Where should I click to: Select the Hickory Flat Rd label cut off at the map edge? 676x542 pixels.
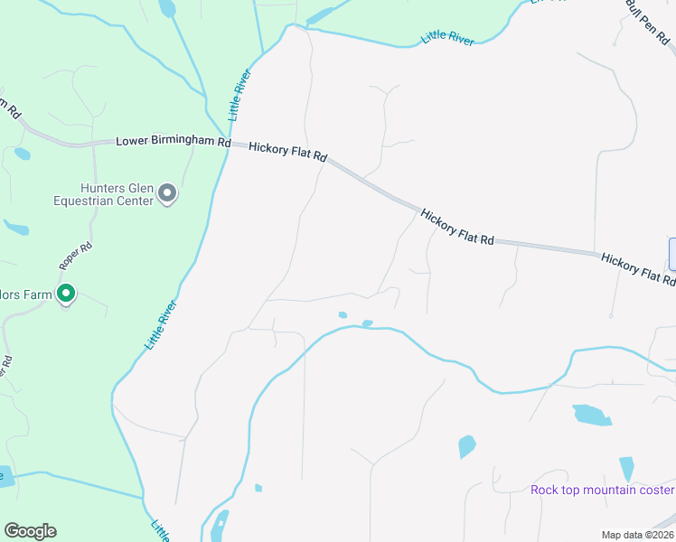click(638, 269)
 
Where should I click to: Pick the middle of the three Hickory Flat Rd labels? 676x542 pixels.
click(457, 227)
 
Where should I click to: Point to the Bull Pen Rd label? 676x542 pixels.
click(646, 23)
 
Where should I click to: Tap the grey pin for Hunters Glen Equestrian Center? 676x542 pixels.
click(166, 193)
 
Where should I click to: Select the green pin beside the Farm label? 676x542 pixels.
click(66, 294)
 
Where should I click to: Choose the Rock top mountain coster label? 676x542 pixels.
click(602, 490)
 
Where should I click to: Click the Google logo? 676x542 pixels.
click(30, 531)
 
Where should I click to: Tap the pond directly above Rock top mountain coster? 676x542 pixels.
click(626, 469)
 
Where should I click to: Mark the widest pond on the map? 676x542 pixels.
click(591, 415)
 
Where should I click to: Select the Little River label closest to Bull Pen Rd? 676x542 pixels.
click(447, 38)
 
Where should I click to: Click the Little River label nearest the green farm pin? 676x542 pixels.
click(161, 325)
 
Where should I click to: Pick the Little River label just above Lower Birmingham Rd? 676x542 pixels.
click(239, 95)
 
